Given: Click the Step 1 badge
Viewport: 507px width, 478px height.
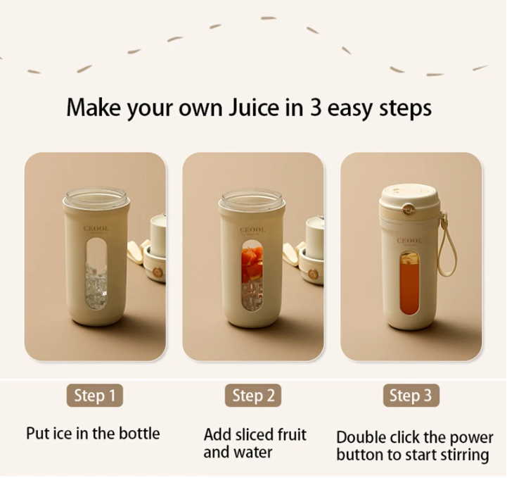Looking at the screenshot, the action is coord(95,395).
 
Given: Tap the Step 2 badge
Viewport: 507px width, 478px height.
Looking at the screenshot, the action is coord(253,395).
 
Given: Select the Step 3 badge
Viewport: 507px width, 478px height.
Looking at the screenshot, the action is coord(411,395).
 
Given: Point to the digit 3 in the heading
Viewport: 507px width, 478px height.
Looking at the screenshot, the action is coord(316,108).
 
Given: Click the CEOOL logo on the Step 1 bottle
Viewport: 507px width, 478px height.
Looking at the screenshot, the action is coord(96,229).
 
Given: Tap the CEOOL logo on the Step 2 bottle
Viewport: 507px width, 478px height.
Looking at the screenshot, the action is coord(252,229).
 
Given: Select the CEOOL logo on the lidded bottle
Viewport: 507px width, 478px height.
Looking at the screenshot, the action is coord(409,241).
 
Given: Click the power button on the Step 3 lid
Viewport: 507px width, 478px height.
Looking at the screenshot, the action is coord(409,209).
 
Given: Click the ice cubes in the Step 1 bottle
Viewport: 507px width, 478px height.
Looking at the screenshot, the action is coord(96,286).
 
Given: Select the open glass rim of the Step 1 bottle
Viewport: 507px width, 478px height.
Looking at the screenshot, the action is coord(96,197).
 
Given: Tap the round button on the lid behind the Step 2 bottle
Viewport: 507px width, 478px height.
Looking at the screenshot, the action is coord(312,274).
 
